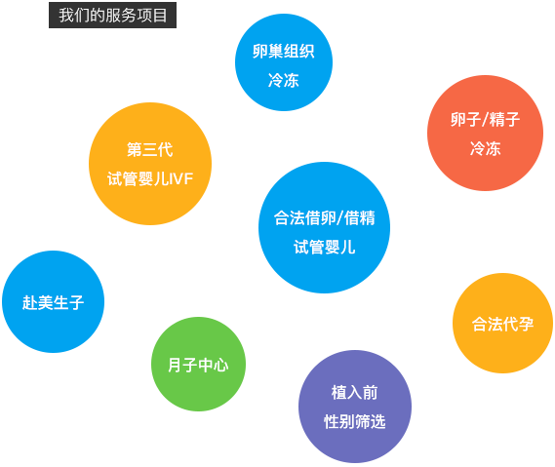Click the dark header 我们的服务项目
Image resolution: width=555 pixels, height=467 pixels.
112,16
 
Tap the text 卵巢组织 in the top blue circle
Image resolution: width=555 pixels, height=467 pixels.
284,52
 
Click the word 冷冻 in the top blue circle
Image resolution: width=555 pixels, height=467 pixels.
284,80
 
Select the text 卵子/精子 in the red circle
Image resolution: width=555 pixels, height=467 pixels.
486,119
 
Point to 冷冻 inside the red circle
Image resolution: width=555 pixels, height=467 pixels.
486,148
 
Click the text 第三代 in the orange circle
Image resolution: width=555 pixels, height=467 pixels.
149,149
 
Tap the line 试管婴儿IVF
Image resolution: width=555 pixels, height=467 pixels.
150,178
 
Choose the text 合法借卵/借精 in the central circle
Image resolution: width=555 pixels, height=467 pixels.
324,217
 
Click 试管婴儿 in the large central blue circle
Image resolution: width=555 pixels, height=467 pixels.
324,247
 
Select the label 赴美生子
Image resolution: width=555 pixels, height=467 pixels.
53,302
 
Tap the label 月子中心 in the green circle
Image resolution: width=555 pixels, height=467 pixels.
198,365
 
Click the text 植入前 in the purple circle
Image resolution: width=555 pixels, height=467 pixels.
355,392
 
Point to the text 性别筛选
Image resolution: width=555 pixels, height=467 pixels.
355,421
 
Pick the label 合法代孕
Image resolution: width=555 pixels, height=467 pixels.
502,324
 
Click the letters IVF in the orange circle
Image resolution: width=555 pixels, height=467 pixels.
180,179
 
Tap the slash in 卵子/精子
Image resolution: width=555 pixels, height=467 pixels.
486,120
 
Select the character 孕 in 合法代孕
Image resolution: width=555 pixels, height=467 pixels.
526,324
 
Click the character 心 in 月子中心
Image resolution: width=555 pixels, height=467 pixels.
221,365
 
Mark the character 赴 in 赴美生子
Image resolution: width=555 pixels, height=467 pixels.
29,302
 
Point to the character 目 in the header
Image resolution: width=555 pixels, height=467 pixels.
160,16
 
